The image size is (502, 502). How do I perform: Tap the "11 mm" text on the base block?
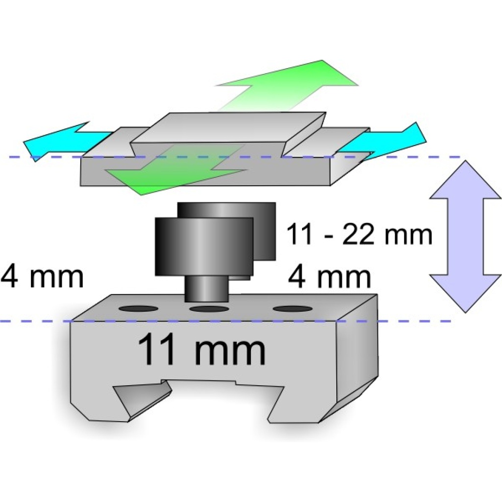pyautogui.click(x=201, y=350)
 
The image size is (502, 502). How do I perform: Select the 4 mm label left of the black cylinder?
pyautogui.click(x=43, y=277)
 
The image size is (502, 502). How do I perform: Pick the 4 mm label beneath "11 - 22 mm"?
pyautogui.click(x=329, y=277)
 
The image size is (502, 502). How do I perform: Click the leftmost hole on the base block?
pyautogui.click(x=139, y=309)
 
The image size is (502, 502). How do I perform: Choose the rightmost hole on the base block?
pyautogui.click(x=293, y=309)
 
